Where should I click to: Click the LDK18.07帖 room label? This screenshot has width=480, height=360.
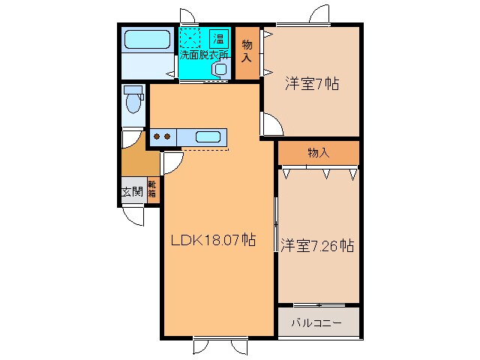213,241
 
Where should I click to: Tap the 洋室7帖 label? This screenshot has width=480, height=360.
311,85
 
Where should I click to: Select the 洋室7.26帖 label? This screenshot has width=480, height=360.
318,245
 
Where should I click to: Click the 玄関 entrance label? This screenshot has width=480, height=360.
132,192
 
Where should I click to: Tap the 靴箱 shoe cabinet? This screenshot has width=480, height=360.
151,189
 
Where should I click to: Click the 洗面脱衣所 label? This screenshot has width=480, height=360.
204,55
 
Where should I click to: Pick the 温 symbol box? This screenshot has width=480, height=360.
219,38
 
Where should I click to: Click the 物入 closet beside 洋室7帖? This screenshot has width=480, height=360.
247,52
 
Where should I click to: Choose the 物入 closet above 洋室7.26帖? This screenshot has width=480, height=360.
318,153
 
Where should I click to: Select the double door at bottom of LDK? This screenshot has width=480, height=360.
220,347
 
